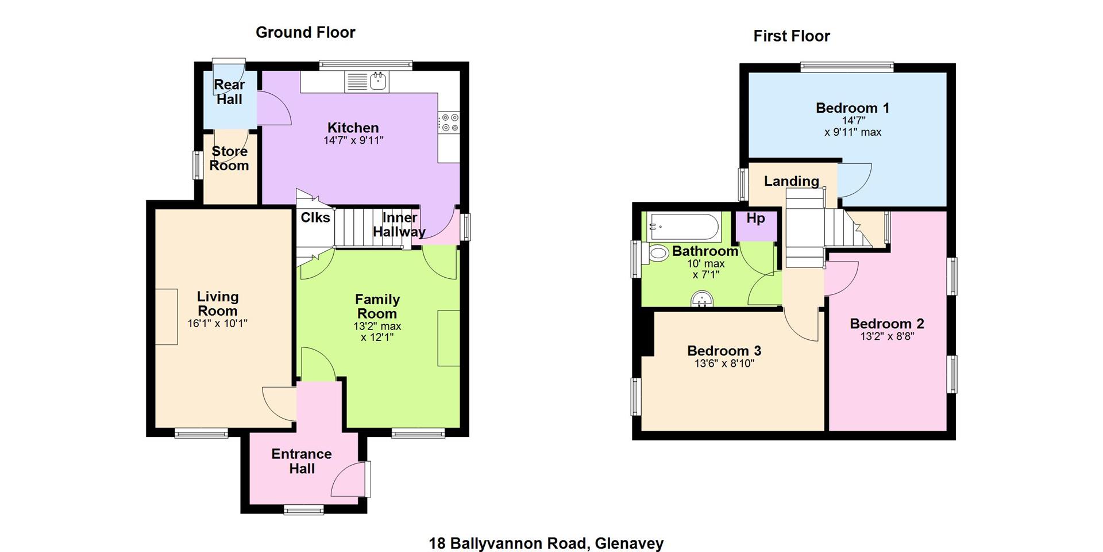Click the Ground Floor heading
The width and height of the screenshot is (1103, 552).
click(306, 33)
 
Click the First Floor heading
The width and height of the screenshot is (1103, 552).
click(792, 36)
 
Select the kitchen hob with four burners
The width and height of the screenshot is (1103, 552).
click(449, 122)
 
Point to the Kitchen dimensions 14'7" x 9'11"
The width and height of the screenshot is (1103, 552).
click(353, 140)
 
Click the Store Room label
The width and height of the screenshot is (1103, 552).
click(229, 159)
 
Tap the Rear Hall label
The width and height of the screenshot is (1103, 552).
click(229, 92)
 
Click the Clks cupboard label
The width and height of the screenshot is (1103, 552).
click(315, 217)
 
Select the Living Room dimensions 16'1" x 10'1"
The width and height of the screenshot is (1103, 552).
click(217, 323)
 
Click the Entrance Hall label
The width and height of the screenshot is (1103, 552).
click(302, 461)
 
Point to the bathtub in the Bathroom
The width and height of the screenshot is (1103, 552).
click(684, 227)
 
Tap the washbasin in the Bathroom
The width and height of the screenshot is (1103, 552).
click(701, 299)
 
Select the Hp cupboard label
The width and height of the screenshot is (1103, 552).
click(755, 218)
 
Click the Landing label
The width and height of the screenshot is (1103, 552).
click(792, 181)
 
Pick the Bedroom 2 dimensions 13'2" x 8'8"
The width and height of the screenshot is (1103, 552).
click(887, 336)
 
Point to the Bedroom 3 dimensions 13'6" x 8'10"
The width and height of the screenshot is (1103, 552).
click(724, 363)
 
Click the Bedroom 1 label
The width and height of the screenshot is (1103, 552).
click(853, 108)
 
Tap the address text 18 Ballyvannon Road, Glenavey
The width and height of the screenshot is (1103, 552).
click(546, 543)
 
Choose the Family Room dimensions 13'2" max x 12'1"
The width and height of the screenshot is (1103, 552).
click(377, 332)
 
